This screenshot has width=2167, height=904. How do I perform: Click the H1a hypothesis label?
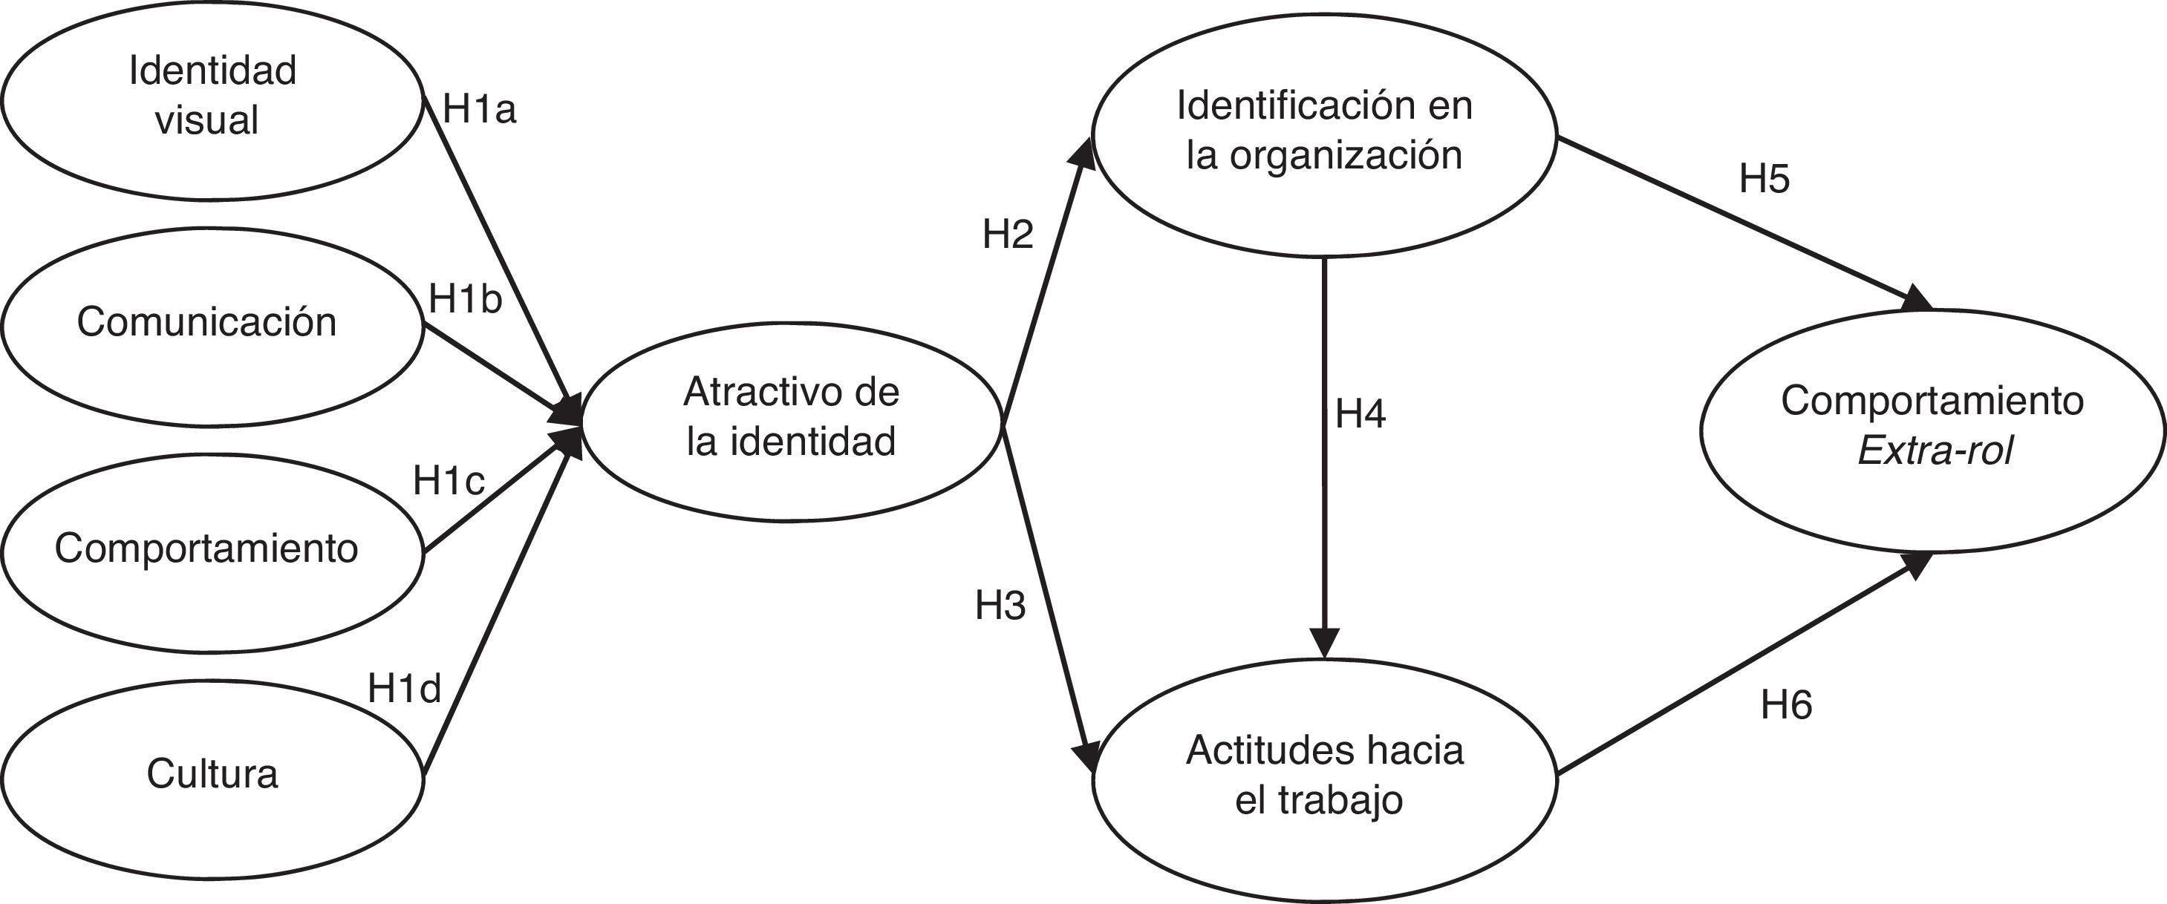(x=479, y=109)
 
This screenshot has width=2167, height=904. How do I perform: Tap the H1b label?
(x=465, y=299)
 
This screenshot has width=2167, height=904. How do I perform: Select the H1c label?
(x=449, y=481)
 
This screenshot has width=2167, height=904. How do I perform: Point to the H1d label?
(x=404, y=689)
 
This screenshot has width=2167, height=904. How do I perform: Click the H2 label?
(x=1007, y=235)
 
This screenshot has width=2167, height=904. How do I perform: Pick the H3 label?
(x=1000, y=606)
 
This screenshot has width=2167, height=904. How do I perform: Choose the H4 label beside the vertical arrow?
(x=1361, y=413)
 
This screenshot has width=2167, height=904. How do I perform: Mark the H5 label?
(x=1764, y=179)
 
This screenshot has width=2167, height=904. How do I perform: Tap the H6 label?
(x=1786, y=704)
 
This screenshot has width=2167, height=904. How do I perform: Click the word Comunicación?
(x=206, y=322)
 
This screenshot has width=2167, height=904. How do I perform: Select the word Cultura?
(x=212, y=773)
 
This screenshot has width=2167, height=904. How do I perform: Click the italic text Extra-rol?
(x=1935, y=451)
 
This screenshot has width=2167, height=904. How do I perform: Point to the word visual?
(x=206, y=120)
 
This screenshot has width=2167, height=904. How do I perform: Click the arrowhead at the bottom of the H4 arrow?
(x=1325, y=643)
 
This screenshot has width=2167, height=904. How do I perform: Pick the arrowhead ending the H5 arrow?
(x=1919, y=298)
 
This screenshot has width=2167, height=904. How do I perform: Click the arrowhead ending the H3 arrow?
(x=1092, y=757)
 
